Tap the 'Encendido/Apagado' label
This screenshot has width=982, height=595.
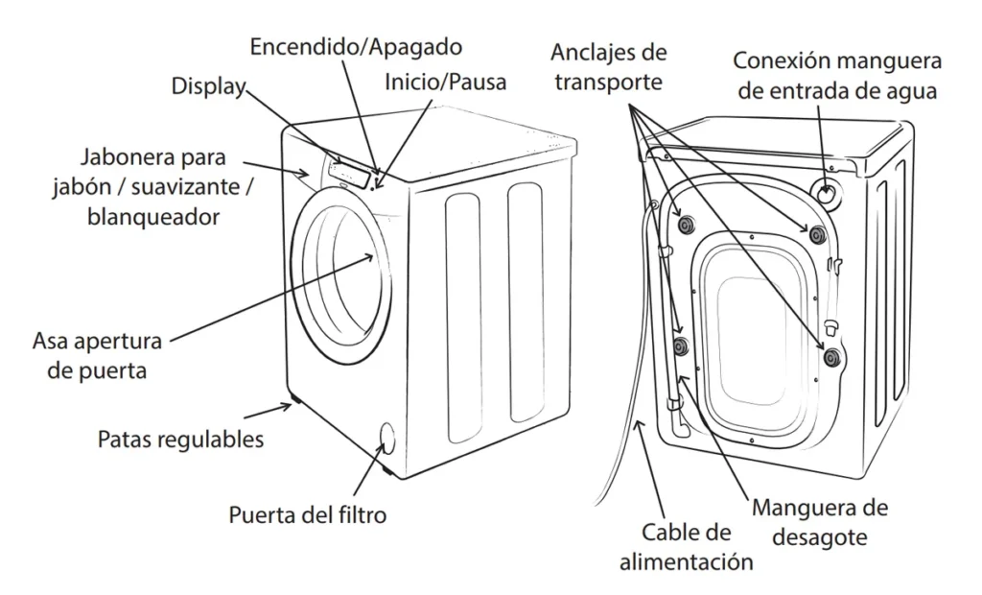point(356,46)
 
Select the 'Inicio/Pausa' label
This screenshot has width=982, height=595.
point(445,83)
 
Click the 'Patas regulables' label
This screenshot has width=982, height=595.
point(181,440)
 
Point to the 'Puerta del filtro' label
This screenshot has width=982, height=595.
point(307,514)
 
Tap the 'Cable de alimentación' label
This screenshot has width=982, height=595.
point(686,547)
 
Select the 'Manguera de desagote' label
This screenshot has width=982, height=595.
point(819,521)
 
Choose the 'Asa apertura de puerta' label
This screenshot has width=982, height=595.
point(97,355)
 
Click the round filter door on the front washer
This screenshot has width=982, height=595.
point(386,438)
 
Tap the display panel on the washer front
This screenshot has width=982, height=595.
point(351,172)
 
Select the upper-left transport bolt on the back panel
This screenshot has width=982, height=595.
point(686,225)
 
